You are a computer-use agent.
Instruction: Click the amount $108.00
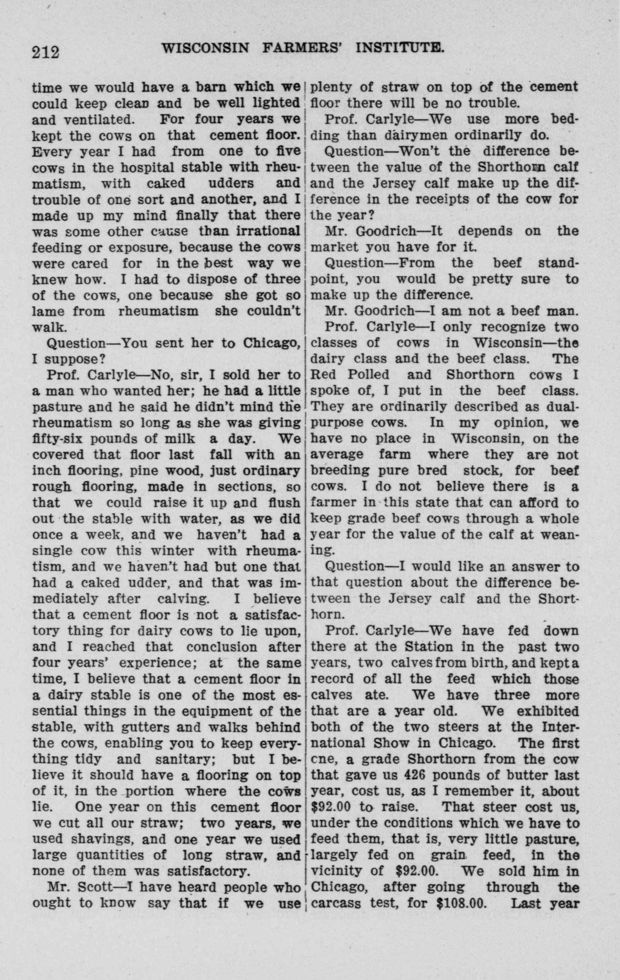[461, 903]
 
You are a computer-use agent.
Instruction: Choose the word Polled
[369, 375]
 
